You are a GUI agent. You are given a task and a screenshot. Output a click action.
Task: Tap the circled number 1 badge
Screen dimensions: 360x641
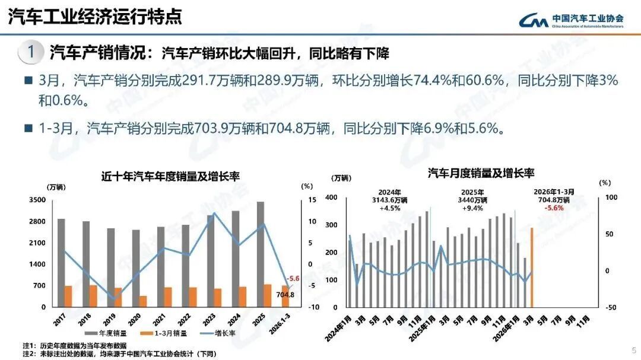(30, 52)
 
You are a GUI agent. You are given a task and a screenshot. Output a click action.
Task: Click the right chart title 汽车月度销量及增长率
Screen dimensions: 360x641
(481, 173)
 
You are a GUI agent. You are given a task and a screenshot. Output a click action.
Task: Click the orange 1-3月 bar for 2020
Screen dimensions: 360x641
(143, 301)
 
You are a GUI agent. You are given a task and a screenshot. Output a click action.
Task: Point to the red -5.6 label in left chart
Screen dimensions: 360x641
(293, 278)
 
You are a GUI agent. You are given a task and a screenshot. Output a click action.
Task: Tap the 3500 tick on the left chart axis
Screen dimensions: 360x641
(37, 200)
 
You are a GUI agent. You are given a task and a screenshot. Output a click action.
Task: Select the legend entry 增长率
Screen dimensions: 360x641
(222, 333)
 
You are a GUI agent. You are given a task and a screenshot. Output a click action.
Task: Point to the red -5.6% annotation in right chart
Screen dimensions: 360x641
(554, 208)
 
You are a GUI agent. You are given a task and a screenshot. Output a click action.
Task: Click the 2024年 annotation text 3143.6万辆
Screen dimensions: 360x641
(390, 200)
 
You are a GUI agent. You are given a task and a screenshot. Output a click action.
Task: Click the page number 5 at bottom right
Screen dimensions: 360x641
(633, 349)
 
